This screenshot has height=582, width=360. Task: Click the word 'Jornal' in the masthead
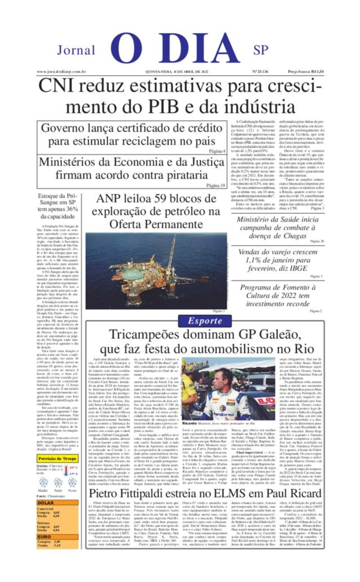[x=76, y=50]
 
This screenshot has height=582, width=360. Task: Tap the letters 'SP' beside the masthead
[x=261, y=50]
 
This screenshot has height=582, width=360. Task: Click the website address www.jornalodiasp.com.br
[x=62, y=72]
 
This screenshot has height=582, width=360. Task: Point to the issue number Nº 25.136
[x=260, y=72]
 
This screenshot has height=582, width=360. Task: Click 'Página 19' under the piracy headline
[x=216, y=185]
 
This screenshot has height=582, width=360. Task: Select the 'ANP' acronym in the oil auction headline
[x=109, y=199]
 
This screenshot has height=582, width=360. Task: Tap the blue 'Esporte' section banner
[x=205, y=321]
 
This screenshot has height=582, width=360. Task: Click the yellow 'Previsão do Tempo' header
[x=57, y=458]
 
